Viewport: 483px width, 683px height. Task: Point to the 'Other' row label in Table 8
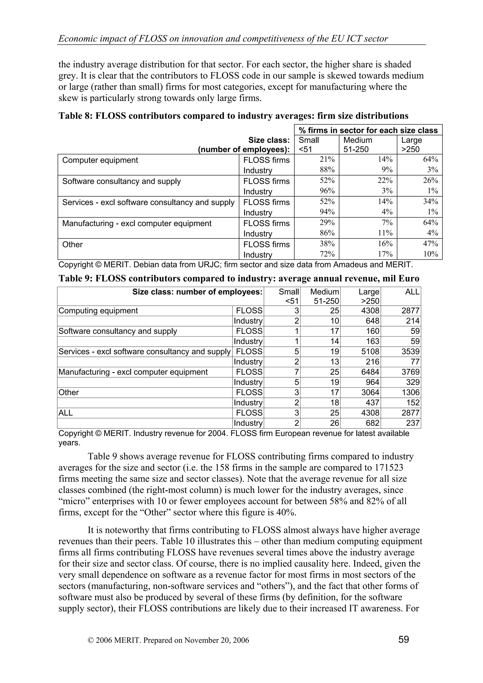coord(72,245)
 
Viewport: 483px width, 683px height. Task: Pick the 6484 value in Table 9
coord(370,372)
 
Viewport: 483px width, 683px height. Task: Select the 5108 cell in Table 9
coord(370,352)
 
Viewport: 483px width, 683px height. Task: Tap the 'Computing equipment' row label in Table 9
coord(98,311)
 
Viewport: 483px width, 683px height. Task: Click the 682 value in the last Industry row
coord(373,423)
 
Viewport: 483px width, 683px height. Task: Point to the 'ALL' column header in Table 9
coord(412,292)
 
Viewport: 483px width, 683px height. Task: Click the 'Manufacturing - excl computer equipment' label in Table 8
coord(137,223)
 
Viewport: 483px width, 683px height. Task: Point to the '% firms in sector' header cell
coord(368,130)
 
